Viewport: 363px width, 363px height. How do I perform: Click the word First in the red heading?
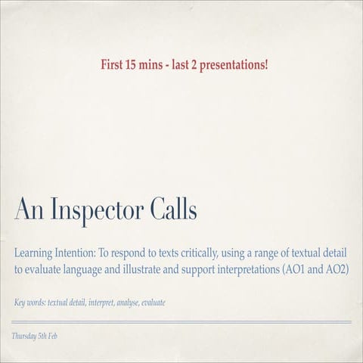pyautogui.click(x=113, y=64)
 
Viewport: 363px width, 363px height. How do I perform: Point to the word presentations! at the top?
pyautogui.click(x=233, y=64)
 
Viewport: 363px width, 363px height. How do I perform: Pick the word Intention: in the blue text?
pyautogui.click(x=84, y=253)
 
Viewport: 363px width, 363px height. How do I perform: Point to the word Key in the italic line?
pyautogui.click(x=20, y=303)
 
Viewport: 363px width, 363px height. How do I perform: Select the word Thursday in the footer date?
pyautogui.click(x=23, y=335)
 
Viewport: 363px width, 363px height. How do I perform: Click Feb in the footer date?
pyautogui.click(x=51, y=335)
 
